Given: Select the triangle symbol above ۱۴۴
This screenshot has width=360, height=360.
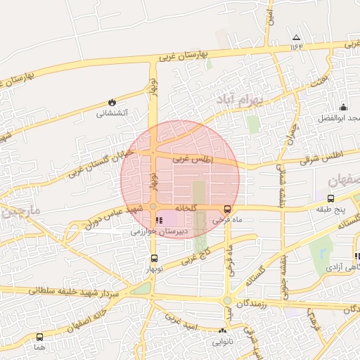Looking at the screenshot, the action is (x=296, y=37).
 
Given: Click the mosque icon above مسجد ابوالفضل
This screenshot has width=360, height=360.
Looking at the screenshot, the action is (x=343, y=107).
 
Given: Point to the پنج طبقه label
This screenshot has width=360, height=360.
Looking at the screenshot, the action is (x=331, y=209).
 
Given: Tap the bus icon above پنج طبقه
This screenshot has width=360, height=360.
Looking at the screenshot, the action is (x=331, y=199).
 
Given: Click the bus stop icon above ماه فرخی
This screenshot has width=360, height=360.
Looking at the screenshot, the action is (x=227, y=209).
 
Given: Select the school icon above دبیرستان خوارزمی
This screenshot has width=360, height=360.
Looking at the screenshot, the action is (x=157, y=221).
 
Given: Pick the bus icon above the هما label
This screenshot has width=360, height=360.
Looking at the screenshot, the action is (x=39, y=337).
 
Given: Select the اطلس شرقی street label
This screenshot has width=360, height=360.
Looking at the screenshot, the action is (x=320, y=157).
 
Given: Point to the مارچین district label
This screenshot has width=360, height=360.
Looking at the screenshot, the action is (x=21, y=211).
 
